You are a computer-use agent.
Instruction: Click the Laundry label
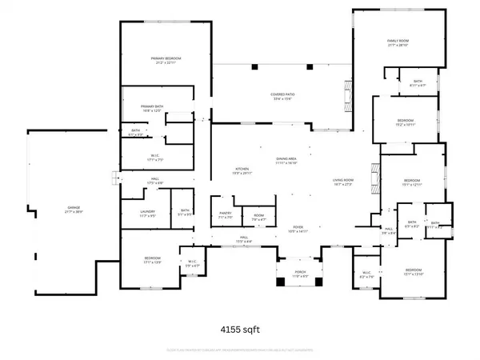tap(148, 212)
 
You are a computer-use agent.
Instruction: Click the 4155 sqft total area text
tap(239, 328)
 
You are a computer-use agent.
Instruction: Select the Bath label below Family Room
tap(418, 81)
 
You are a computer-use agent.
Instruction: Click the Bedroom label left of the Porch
tap(152, 258)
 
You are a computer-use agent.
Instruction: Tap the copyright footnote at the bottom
tap(240, 350)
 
